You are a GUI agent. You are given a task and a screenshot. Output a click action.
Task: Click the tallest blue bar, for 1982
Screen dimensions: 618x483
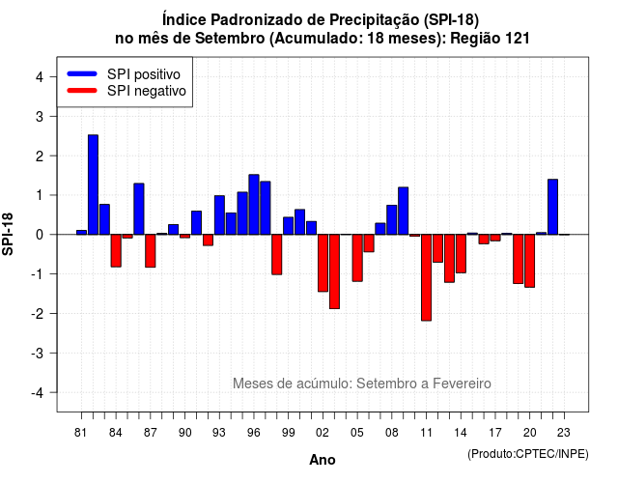[x=93, y=185]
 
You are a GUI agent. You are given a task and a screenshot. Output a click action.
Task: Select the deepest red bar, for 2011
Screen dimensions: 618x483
[x=426, y=277]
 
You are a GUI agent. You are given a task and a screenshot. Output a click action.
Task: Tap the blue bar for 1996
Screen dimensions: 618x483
[x=254, y=204]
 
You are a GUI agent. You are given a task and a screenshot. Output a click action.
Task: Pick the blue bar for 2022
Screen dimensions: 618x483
[x=552, y=207]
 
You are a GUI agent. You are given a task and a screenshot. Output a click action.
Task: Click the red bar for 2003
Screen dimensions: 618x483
[x=334, y=271]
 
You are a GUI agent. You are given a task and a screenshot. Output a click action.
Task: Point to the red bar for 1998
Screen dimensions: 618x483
[x=277, y=254]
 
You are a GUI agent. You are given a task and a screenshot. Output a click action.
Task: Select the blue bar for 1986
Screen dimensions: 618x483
[x=139, y=209]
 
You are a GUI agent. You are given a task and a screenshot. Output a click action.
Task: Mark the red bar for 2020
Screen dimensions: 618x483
[x=530, y=261]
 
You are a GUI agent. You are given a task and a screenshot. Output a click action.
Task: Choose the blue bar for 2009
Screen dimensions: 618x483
[x=404, y=211]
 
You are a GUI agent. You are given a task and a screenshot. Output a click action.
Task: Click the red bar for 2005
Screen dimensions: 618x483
[x=357, y=258]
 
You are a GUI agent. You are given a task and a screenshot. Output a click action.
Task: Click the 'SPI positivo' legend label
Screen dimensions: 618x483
[x=144, y=74]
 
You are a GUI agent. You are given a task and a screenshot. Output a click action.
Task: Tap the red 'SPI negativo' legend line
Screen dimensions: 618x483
[x=82, y=90]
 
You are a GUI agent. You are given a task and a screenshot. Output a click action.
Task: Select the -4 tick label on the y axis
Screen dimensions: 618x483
[x=39, y=393]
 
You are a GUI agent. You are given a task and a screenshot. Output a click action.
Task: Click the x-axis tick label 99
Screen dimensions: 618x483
[x=288, y=433]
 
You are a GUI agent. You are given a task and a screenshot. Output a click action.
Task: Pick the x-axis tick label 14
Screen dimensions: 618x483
[x=461, y=433]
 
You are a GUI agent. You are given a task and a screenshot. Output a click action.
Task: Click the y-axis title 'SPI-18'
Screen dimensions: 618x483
[x=8, y=234]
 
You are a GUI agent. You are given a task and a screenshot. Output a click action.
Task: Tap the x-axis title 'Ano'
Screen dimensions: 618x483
[x=322, y=460]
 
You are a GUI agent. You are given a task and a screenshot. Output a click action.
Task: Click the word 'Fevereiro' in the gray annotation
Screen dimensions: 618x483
[x=462, y=384]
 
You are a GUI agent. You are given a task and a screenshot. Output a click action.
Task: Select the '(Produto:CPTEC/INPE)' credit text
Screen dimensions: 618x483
[x=528, y=454]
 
